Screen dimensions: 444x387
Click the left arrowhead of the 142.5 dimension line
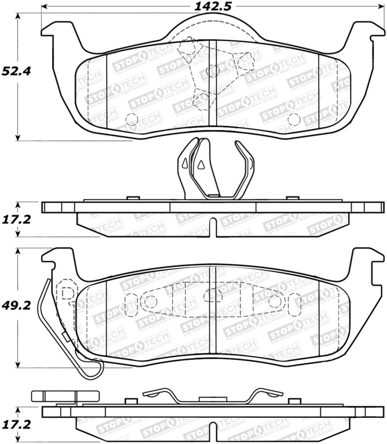(44, 7)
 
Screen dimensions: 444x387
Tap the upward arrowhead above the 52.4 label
(18, 16)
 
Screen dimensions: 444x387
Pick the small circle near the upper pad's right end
(294, 118)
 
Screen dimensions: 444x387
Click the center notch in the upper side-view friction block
(213, 227)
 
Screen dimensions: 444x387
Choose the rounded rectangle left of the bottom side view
(54, 396)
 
